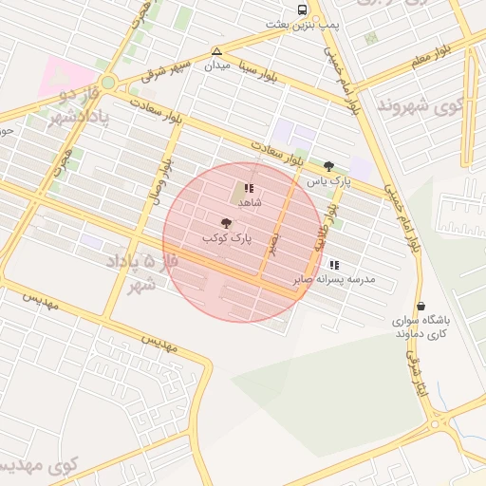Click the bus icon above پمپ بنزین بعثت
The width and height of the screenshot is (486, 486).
[302, 9]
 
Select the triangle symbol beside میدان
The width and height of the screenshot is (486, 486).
[217, 51]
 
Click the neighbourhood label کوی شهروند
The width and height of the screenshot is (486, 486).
[410, 103]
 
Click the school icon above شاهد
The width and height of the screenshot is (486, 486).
[249, 188]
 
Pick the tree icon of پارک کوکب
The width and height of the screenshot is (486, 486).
[225, 223]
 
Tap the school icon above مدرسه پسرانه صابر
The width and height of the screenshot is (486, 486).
[333, 264]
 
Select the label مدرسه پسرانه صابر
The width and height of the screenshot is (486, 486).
[348, 279]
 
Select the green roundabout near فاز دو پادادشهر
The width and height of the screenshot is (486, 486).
[108, 83]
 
